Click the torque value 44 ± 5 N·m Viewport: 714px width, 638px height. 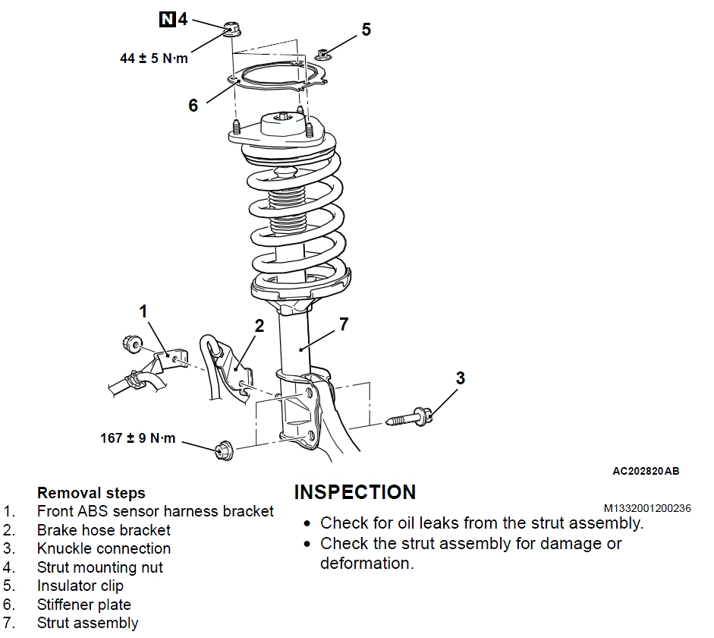click(153, 58)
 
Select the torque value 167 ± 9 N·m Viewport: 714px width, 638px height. click(137, 438)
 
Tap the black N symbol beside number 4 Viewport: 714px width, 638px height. click(166, 19)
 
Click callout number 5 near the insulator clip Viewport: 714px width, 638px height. click(366, 30)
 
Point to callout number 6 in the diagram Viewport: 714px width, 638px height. click(193, 106)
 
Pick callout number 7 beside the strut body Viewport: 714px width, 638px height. click(344, 324)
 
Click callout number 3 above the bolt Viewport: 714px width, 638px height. click(460, 378)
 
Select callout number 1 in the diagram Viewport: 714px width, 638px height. click(143, 311)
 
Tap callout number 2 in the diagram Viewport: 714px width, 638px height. click(259, 327)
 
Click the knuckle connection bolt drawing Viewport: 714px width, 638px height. click(410, 417)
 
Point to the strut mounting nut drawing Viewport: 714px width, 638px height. click(231, 30)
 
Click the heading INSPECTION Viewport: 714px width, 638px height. click(354, 492)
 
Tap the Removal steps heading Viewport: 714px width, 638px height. click(91, 493)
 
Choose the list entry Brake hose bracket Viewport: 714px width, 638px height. click(104, 530)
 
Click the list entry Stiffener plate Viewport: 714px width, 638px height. click(84, 605)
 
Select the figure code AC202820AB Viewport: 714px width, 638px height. click(646, 471)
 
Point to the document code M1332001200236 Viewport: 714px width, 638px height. click(647, 508)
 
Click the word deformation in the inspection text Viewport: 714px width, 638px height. click(366, 564)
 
